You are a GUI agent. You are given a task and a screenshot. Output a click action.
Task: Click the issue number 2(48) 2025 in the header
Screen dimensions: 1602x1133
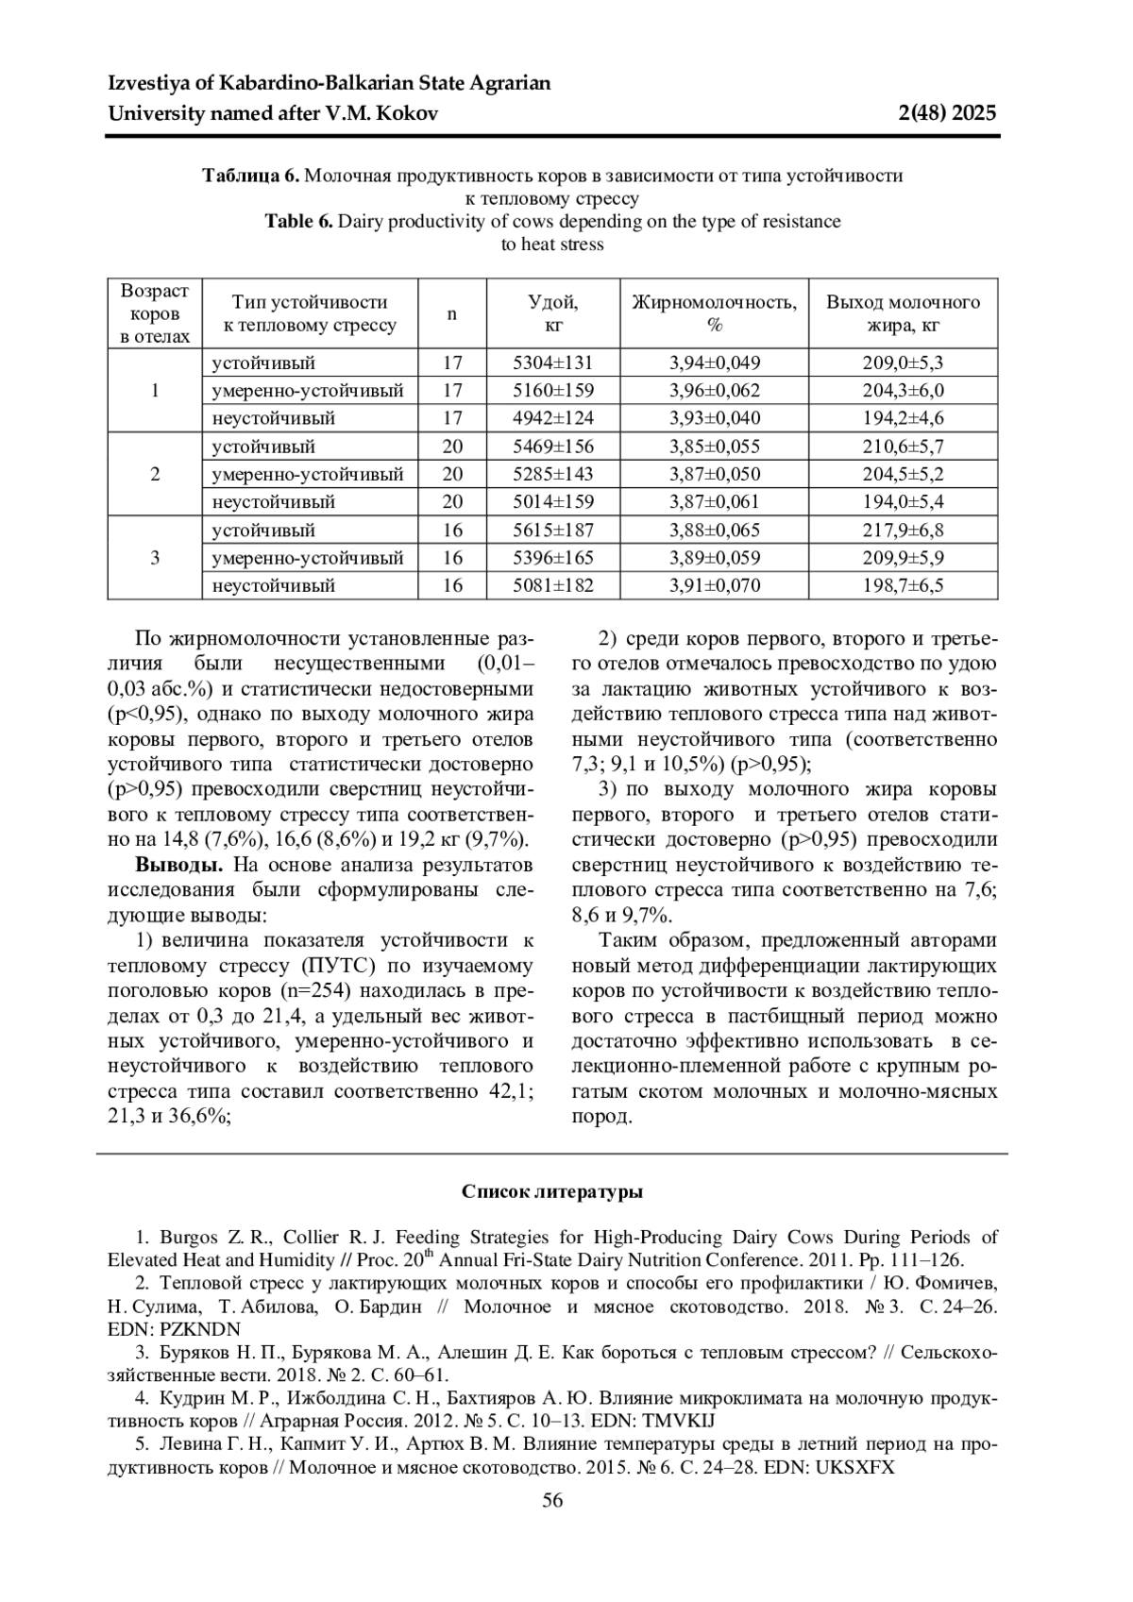coord(947,114)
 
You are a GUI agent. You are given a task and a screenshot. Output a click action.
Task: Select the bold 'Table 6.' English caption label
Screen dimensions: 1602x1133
coord(299,222)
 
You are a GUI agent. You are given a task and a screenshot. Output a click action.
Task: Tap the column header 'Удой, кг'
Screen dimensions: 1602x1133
coord(553,313)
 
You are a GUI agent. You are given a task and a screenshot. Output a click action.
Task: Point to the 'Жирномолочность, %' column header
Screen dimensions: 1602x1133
coord(714,313)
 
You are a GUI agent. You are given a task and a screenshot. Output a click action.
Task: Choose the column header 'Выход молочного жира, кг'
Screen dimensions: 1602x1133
coord(903,313)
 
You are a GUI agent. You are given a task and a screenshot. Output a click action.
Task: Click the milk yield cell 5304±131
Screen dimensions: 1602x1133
coord(553,363)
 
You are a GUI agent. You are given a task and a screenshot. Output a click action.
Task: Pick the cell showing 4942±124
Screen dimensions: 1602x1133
coord(553,418)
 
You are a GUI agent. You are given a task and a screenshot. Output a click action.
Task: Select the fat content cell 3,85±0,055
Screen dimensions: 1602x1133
coord(714,447)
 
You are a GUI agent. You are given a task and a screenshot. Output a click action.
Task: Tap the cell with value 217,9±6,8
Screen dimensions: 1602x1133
coord(903,531)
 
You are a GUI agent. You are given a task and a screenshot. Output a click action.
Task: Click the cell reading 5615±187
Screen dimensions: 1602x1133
coord(553,531)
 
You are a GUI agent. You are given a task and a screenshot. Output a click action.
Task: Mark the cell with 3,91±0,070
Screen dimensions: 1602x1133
coord(714,586)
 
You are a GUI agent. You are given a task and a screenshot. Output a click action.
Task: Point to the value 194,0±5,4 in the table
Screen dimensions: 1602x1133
coord(903,502)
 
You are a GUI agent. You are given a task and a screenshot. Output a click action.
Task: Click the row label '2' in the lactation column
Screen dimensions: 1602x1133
coord(155,474)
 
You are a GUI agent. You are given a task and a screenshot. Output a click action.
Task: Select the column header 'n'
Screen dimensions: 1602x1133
coord(452,313)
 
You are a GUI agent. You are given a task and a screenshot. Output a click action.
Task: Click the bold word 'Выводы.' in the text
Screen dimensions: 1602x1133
coord(179,865)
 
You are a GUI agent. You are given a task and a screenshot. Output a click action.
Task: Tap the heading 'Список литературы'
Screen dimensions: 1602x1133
coord(552,1191)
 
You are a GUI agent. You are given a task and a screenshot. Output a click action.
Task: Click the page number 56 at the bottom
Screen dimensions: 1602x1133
coord(552,1501)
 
